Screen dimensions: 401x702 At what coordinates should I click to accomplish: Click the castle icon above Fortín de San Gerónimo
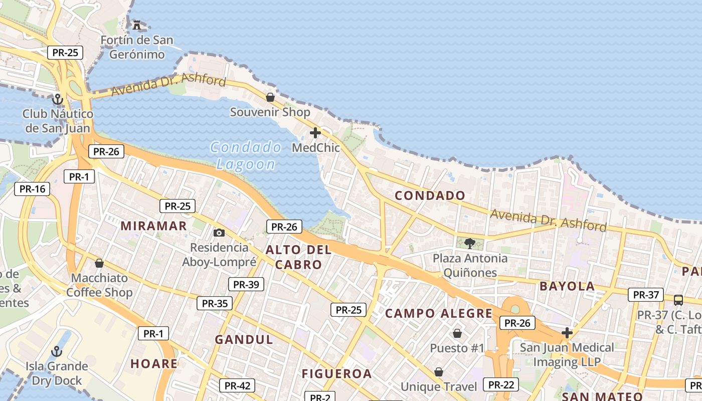point(136,24)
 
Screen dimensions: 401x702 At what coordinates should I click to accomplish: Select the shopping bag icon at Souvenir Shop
point(270,97)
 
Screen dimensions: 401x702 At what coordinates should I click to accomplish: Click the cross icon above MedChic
point(315,133)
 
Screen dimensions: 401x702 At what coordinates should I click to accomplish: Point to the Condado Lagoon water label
point(246,155)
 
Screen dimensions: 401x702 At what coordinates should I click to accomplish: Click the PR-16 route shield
point(33,189)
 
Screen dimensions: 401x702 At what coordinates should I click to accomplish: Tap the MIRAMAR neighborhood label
point(153,226)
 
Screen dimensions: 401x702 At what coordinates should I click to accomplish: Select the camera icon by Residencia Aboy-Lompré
point(219,233)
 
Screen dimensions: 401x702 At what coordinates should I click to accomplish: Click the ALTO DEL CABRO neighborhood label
point(298,257)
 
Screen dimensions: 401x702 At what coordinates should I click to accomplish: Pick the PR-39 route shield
point(246,285)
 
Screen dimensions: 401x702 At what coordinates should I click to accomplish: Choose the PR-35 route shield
point(215,303)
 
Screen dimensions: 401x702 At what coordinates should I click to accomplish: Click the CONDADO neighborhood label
point(430,195)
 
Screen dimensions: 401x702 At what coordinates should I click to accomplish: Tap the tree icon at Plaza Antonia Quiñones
point(470,244)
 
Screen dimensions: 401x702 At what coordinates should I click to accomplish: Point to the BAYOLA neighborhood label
point(567,286)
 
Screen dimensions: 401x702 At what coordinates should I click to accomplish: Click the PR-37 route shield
point(646,295)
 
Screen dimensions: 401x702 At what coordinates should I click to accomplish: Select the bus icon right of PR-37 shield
point(678,300)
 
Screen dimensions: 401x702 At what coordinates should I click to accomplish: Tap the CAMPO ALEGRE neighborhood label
point(439,314)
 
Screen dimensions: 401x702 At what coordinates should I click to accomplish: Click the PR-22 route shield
point(501,384)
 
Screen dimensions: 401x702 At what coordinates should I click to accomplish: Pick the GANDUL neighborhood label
point(244,340)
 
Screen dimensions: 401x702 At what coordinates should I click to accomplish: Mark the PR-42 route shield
point(237,385)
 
